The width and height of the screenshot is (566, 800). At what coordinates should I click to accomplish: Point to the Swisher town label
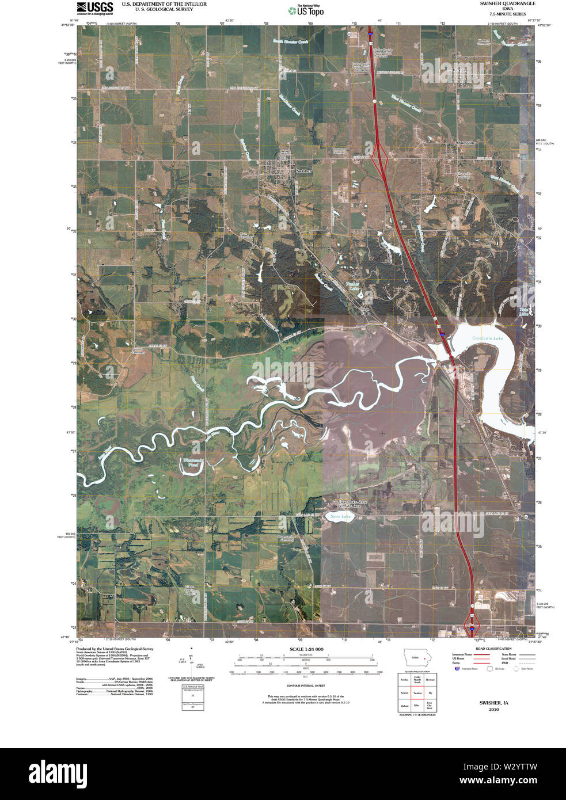pyautogui.click(x=303, y=171)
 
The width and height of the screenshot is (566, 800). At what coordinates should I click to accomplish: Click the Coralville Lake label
pyautogui.click(x=487, y=338)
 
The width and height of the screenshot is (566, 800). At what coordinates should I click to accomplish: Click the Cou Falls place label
pyautogui.click(x=366, y=311)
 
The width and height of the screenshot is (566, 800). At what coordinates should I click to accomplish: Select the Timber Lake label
pyautogui.click(x=352, y=286)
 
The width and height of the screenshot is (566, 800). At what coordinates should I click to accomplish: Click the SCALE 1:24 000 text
pyautogui.click(x=303, y=649)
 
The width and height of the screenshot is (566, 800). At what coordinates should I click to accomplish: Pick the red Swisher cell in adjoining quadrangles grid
pyautogui.click(x=417, y=693)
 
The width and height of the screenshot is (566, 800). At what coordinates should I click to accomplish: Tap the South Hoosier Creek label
pyautogui.click(x=290, y=42)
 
